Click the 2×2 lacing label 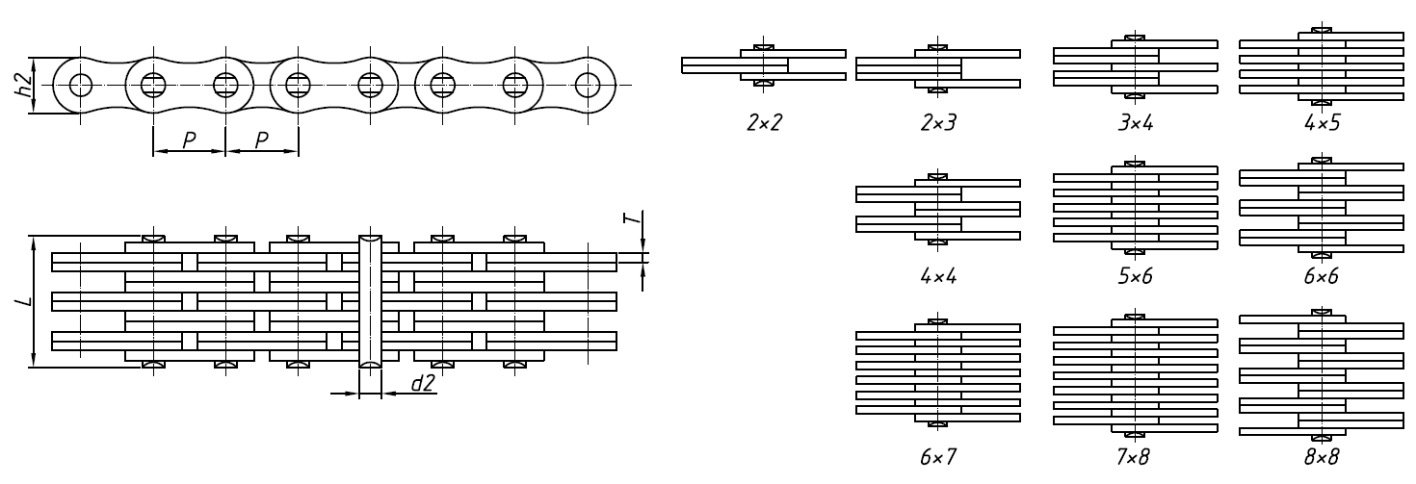pos(763,125)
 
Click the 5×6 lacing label pos(1136,276)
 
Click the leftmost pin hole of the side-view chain pos(80,85)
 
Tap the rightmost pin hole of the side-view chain pos(587,85)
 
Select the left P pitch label pos(189,140)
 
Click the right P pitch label pos(261,140)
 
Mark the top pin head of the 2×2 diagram pos(763,46)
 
